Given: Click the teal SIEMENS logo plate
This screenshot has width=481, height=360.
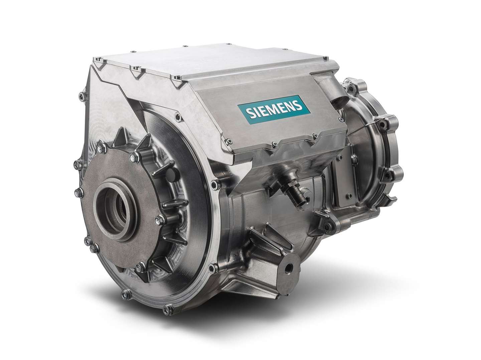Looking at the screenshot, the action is (274, 109).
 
